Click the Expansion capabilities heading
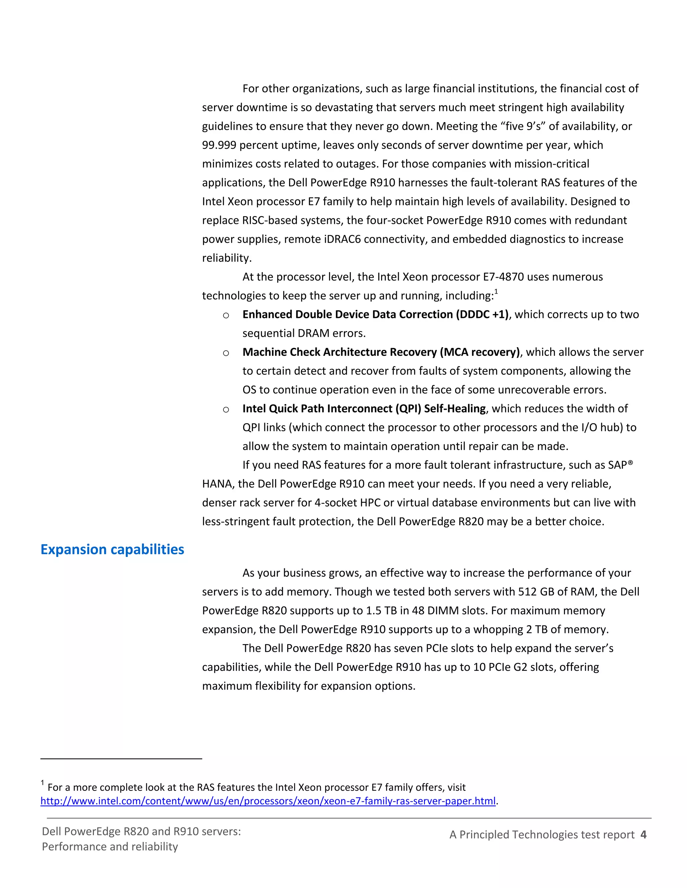coord(112,549)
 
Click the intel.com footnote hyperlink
coord(268,801)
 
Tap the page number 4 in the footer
coord(643,834)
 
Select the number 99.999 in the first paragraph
coord(219,145)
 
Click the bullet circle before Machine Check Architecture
coord(226,353)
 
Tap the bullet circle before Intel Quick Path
coord(226,409)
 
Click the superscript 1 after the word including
coord(496,292)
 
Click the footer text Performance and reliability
coord(110,846)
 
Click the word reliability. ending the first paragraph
coord(227,258)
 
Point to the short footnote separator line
coord(121,759)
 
